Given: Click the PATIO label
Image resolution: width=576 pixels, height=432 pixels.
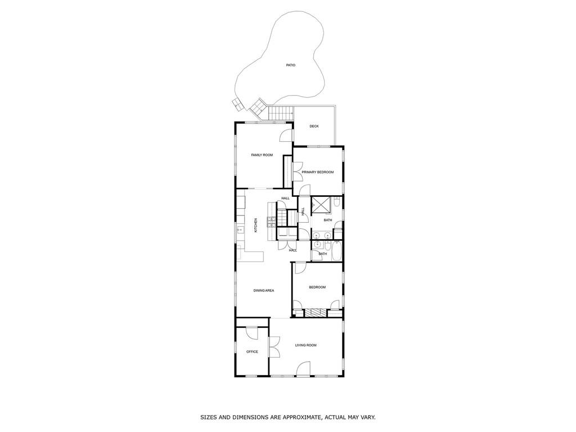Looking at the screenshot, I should pyautogui.click(x=290, y=65).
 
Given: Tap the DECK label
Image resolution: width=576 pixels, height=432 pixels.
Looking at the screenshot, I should pyautogui.click(x=314, y=126).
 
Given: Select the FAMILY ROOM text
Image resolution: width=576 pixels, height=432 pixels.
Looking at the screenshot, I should pyautogui.click(x=262, y=155).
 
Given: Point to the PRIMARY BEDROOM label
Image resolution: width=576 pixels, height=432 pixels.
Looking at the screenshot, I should pyautogui.click(x=317, y=172).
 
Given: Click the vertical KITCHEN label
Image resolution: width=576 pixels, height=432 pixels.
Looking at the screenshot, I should pyautogui.click(x=255, y=225).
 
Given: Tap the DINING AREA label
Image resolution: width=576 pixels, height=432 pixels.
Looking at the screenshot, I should pyautogui.click(x=263, y=290).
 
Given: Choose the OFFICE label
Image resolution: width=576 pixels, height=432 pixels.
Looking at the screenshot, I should pyautogui.click(x=252, y=352).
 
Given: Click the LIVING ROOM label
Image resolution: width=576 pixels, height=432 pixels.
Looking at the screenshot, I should pyautogui.click(x=306, y=345).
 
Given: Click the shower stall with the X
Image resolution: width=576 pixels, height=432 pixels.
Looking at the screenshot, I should pyautogui.click(x=321, y=206).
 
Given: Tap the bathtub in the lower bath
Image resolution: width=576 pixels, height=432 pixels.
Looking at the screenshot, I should pyautogui.click(x=336, y=251).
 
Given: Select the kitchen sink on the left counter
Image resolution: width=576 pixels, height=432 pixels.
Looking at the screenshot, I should pyautogui.click(x=240, y=229).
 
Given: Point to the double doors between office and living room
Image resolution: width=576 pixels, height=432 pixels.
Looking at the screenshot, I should pyautogui.click(x=274, y=346).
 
